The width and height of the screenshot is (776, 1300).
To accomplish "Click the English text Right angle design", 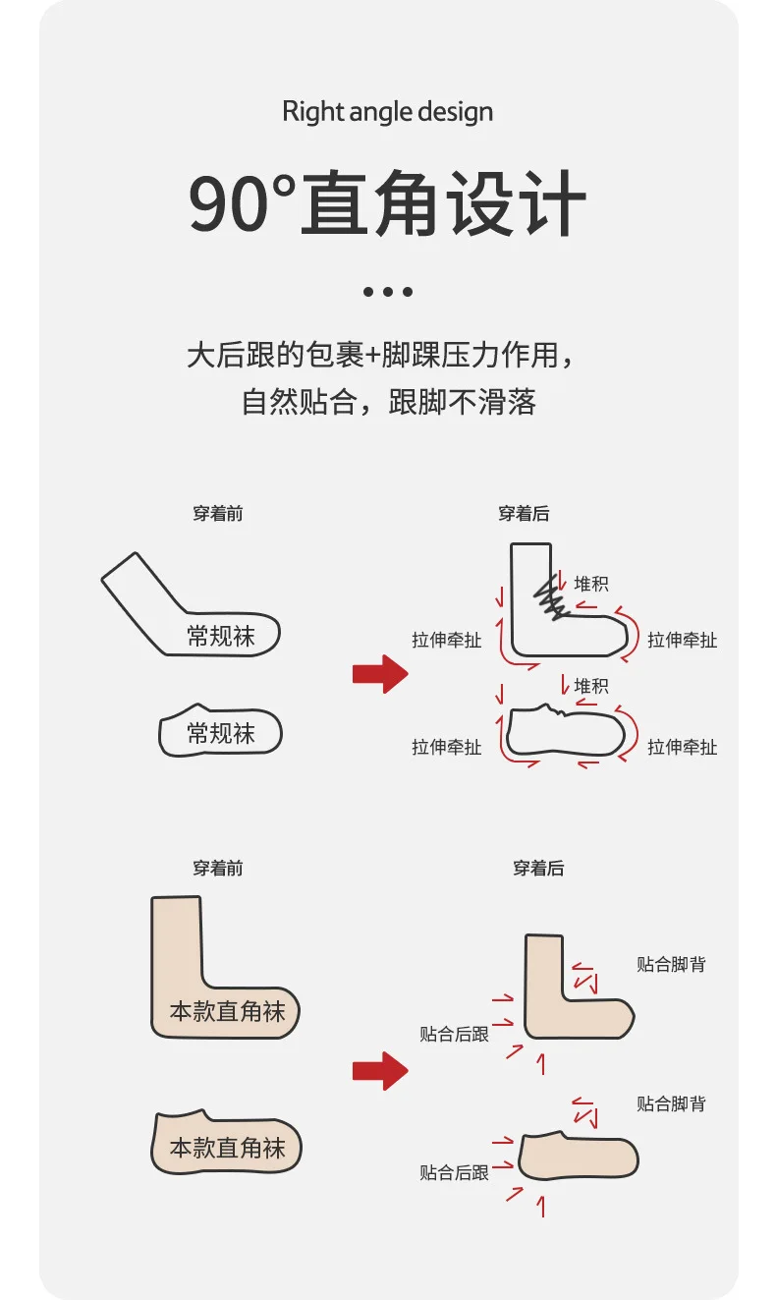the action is click(387, 112).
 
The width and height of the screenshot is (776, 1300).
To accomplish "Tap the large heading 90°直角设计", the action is click(387, 203).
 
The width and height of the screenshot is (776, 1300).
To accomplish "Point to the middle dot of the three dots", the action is click(387, 291).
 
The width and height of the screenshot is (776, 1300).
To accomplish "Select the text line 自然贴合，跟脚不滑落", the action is click(388, 402).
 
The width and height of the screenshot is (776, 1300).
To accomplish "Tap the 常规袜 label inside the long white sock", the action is click(221, 636).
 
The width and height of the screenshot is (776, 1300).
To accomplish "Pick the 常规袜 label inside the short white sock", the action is click(221, 733).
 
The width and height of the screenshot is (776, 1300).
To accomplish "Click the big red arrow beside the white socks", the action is click(379, 674).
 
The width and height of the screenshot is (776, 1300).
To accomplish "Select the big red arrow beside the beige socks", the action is click(379, 1070).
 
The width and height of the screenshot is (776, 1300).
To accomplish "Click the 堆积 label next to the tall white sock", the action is click(591, 583).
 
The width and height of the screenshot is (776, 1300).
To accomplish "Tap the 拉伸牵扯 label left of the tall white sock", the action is click(447, 640).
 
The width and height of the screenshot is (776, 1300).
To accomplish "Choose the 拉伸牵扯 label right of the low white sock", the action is click(683, 747).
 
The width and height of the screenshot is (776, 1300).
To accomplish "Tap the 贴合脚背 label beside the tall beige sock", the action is click(671, 964).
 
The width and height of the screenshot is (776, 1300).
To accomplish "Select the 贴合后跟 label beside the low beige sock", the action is click(454, 1171).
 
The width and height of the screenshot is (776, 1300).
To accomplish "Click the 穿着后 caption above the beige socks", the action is click(538, 868).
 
